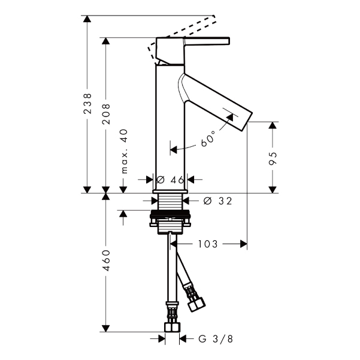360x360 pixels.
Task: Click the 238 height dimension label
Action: click(x=87, y=103)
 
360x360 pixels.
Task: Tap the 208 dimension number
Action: click(x=106, y=114)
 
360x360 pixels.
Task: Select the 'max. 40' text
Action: click(x=124, y=152)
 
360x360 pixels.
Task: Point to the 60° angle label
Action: click(x=208, y=139)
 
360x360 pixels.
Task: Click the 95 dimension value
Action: click(x=273, y=158)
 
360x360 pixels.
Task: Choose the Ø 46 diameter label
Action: click(x=170, y=180)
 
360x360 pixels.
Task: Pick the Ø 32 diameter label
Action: click(x=218, y=201)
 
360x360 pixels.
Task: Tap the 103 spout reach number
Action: click(x=207, y=244)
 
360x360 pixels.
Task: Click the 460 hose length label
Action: click(x=106, y=261)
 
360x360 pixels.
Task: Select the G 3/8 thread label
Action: click(x=216, y=339)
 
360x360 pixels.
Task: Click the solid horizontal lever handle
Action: click(x=207, y=40)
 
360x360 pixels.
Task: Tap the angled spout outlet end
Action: click(x=247, y=122)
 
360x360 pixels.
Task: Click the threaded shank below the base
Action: click(x=170, y=202)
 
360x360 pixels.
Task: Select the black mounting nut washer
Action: click(x=170, y=216)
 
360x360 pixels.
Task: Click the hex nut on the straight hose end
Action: click(x=172, y=328)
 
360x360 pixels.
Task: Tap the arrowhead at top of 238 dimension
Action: click(x=87, y=19)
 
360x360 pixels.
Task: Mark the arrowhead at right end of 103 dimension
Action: click(x=244, y=244)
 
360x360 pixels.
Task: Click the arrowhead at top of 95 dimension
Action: click(x=273, y=125)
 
